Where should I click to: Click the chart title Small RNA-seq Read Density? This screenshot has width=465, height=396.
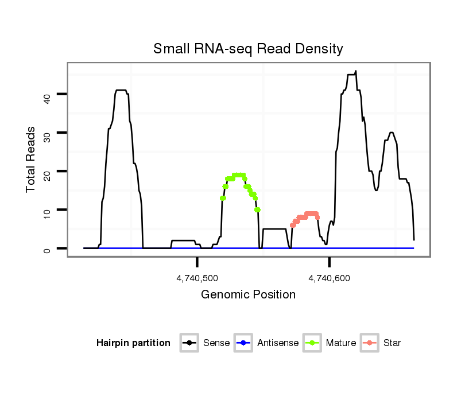pyautogui.click(x=248, y=49)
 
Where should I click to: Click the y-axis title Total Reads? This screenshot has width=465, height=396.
pyautogui.click(x=31, y=160)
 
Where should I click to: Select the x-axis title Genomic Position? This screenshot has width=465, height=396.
pyautogui.click(x=248, y=295)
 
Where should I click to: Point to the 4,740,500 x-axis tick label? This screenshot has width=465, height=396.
pyautogui.click(x=197, y=278)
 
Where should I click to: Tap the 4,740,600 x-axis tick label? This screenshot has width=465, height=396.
pyautogui.click(x=329, y=278)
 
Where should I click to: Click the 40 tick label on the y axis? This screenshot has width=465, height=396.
pyautogui.click(x=48, y=95)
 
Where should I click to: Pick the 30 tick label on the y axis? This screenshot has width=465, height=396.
pyautogui.click(x=48, y=133)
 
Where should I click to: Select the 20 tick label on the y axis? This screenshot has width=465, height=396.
pyautogui.click(x=48, y=172)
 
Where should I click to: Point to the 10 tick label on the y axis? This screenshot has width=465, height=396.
pyautogui.click(x=48, y=211)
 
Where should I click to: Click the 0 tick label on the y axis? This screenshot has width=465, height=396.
pyautogui.click(x=48, y=249)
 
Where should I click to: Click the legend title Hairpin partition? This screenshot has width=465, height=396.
pyautogui.click(x=133, y=343)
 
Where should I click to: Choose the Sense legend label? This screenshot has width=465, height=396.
pyautogui.click(x=216, y=343)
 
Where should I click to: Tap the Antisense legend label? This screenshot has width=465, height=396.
pyautogui.click(x=278, y=343)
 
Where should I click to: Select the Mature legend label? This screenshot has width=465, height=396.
pyautogui.click(x=341, y=343)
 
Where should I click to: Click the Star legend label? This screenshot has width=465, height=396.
pyautogui.click(x=392, y=343)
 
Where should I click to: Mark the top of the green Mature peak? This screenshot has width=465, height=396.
pyautogui.click(x=238, y=175)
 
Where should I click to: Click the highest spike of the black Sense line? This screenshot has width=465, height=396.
pyautogui.click(x=356, y=71)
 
